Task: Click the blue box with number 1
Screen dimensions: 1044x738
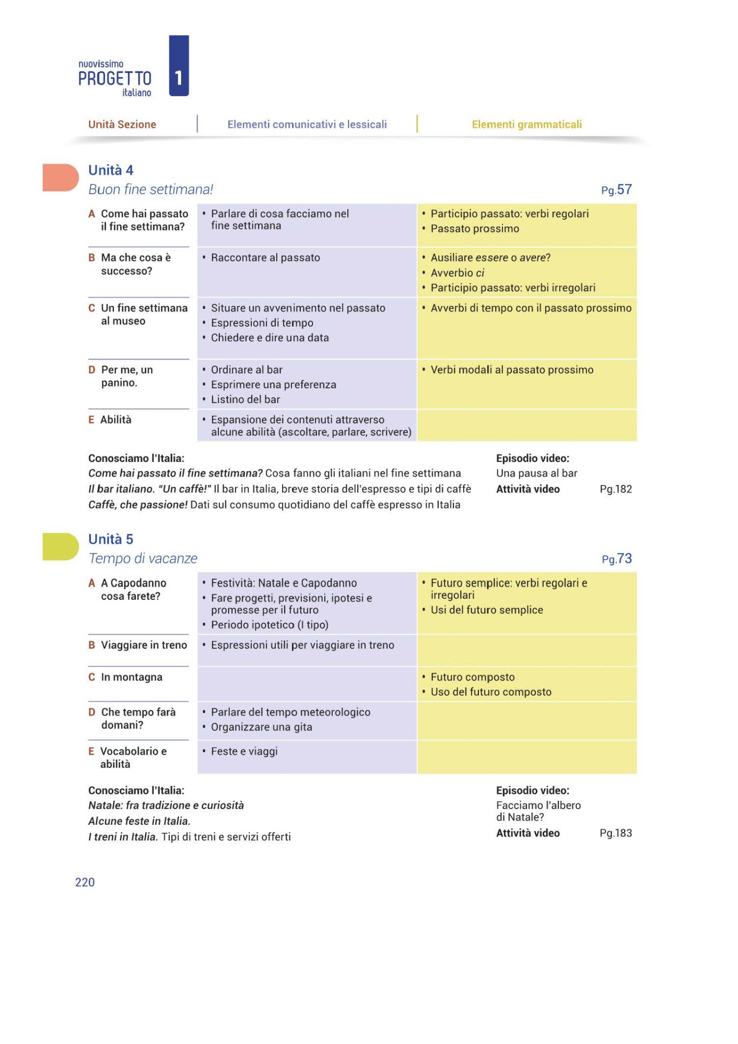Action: pyautogui.click(x=179, y=66)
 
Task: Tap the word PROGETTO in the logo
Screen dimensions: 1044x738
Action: pyautogui.click(x=115, y=78)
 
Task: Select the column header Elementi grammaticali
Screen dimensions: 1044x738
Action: pyautogui.click(x=526, y=124)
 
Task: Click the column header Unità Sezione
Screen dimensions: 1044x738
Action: pyautogui.click(x=122, y=124)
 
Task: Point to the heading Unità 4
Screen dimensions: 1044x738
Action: pyautogui.click(x=111, y=170)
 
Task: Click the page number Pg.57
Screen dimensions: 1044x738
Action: pyautogui.click(x=616, y=190)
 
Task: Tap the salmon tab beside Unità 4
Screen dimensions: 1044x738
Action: pyautogui.click(x=60, y=177)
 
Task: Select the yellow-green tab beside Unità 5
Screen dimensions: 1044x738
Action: pyautogui.click(x=60, y=547)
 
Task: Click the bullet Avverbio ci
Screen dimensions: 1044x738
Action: pyautogui.click(x=457, y=272)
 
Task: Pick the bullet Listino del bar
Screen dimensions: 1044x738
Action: pyautogui.click(x=245, y=399)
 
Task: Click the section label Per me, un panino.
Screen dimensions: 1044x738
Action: pyautogui.click(x=127, y=376)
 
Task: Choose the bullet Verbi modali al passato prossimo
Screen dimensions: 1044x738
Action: pyautogui.click(x=512, y=370)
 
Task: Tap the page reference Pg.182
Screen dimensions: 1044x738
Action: pyautogui.click(x=616, y=489)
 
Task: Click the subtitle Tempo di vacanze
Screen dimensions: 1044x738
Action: pyautogui.click(x=143, y=559)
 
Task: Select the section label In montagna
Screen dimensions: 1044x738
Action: pyautogui.click(x=132, y=677)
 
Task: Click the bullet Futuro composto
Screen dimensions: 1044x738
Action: pyautogui.click(x=473, y=677)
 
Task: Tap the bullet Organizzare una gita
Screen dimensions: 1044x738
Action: pyautogui.click(x=261, y=727)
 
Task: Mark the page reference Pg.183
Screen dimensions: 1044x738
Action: pyautogui.click(x=616, y=833)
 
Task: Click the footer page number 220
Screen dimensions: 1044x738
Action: pyautogui.click(x=85, y=882)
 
